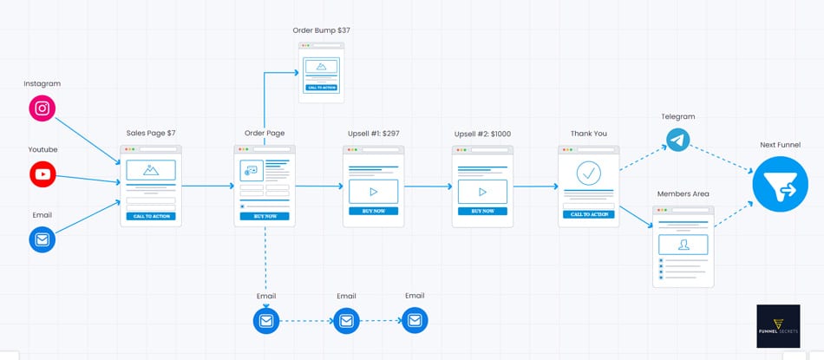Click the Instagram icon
pyautogui.click(x=43, y=108)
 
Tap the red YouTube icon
pyautogui.click(x=43, y=174)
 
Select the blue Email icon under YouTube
pyautogui.click(x=43, y=239)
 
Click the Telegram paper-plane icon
pyautogui.click(x=678, y=140)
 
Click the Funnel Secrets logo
pyautogui.click(x=778, y=325)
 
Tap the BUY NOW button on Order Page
pyautogui.click(x=265, y=215)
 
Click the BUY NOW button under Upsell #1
pyautogui.click(x=373, y=211)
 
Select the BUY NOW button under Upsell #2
pyautogui.click(x=482, y=211)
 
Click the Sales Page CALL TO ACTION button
pyautogui.click(x=151, y=216)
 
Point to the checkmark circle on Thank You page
pyautogui.click(x=589, y=173)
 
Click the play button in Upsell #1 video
pyautogui.click(x=373, y=192)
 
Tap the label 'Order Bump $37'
pyautogui.click(x=321, y=30)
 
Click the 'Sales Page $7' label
pyautogui.click(x=151, y=133)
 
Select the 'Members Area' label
pyautogui.click(x=683, y=193)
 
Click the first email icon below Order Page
pyautogui.click(x=266, y=321)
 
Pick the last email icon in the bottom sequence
pyautogui.click(x=415, y=321)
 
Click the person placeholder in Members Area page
pyautogui.click(x=683, y=245)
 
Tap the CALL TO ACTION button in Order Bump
pyautogui.click(x=321, y=88)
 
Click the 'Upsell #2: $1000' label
pyautogui.click(x=482, y=134)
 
